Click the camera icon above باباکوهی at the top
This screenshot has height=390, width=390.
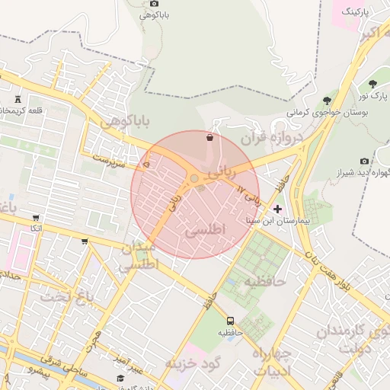coord(155,4)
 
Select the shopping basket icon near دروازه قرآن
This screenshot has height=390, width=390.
coord(209,138)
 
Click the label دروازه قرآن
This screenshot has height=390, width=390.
coord(272,139)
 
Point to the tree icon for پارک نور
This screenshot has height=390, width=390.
coord(372,84)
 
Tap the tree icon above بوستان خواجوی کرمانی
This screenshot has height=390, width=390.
coord(327,100)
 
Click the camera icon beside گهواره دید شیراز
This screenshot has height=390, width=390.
coord(365,161)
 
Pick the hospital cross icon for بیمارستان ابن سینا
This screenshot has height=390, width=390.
coord(277,208)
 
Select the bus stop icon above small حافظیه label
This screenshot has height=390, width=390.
coord(231,321)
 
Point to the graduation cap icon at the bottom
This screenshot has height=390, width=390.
coord(120,379)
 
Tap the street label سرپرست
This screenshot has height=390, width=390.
coord(107,158)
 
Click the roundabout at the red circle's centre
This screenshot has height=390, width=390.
coord(195,179)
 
